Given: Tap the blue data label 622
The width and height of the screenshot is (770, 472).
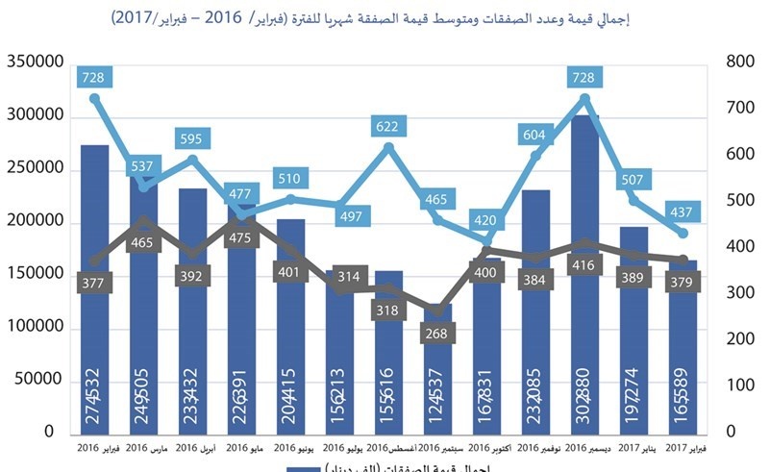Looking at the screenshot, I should tap(388, 126).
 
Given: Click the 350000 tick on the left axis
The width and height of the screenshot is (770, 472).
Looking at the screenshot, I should tap(35, 62).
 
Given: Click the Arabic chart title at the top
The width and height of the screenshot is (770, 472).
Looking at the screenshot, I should tap(385, 19).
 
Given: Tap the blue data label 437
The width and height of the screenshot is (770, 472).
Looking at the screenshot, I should tap(683, 211).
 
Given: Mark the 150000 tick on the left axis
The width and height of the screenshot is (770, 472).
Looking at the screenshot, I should tap(35, 275).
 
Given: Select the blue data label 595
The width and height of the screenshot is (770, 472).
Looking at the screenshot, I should tap(191, 139).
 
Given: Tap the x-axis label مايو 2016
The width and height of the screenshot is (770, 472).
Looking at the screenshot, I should tap(241, 448).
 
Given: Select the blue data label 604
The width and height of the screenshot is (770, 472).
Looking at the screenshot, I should tap(534, 136).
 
